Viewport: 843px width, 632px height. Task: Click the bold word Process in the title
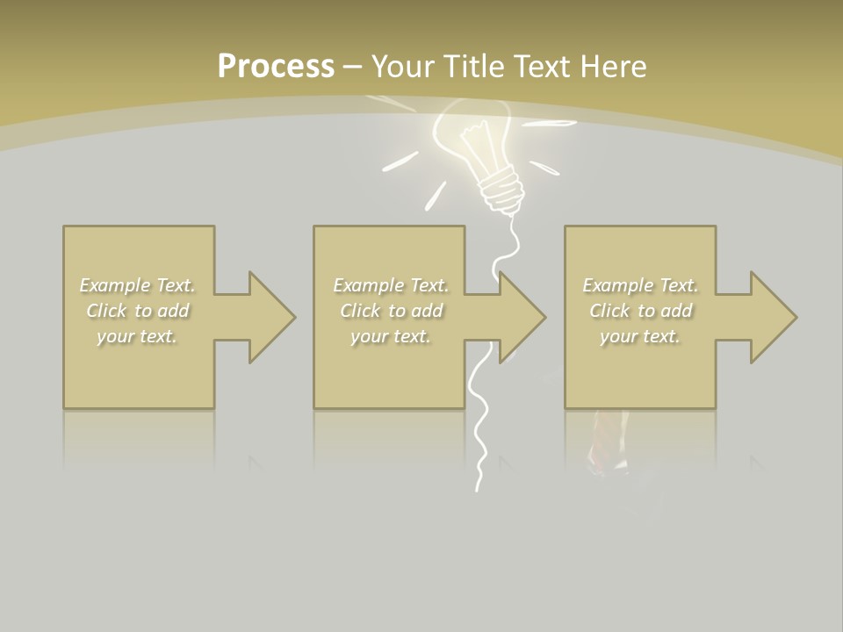(276, 67)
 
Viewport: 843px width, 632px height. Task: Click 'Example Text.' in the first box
(138, 285)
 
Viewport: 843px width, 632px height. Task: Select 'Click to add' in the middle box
(392, 311)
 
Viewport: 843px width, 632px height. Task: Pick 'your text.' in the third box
(640, 336)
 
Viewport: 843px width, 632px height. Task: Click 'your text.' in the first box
(138, 336)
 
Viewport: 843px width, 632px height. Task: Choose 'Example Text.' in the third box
(640, 285)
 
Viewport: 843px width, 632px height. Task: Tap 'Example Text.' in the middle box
(392, 285)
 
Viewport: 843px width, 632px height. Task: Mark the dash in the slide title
(353, 67)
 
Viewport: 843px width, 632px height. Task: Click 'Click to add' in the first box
(138, 311)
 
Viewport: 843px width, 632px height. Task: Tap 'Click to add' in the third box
(640, 311)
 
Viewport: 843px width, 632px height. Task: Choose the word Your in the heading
(404, 67)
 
